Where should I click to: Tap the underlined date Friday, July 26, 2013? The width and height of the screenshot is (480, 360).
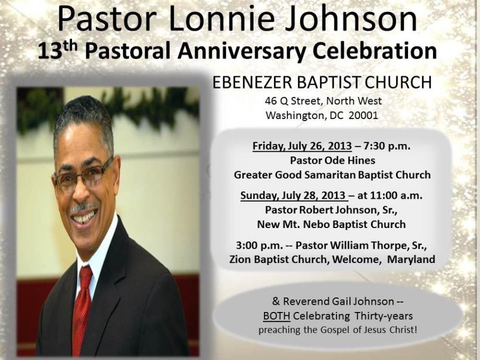(302, 146)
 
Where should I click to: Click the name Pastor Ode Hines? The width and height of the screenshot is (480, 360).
(332, 160)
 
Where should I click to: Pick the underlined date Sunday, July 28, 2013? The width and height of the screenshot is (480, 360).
(293, 195)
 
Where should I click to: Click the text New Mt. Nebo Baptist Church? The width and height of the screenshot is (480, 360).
(331, 224)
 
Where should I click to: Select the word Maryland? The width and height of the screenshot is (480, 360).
(411, 259)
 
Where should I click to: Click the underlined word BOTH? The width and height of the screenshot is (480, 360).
(277, 316)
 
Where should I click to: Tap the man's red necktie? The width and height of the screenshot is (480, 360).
(82, 309)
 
